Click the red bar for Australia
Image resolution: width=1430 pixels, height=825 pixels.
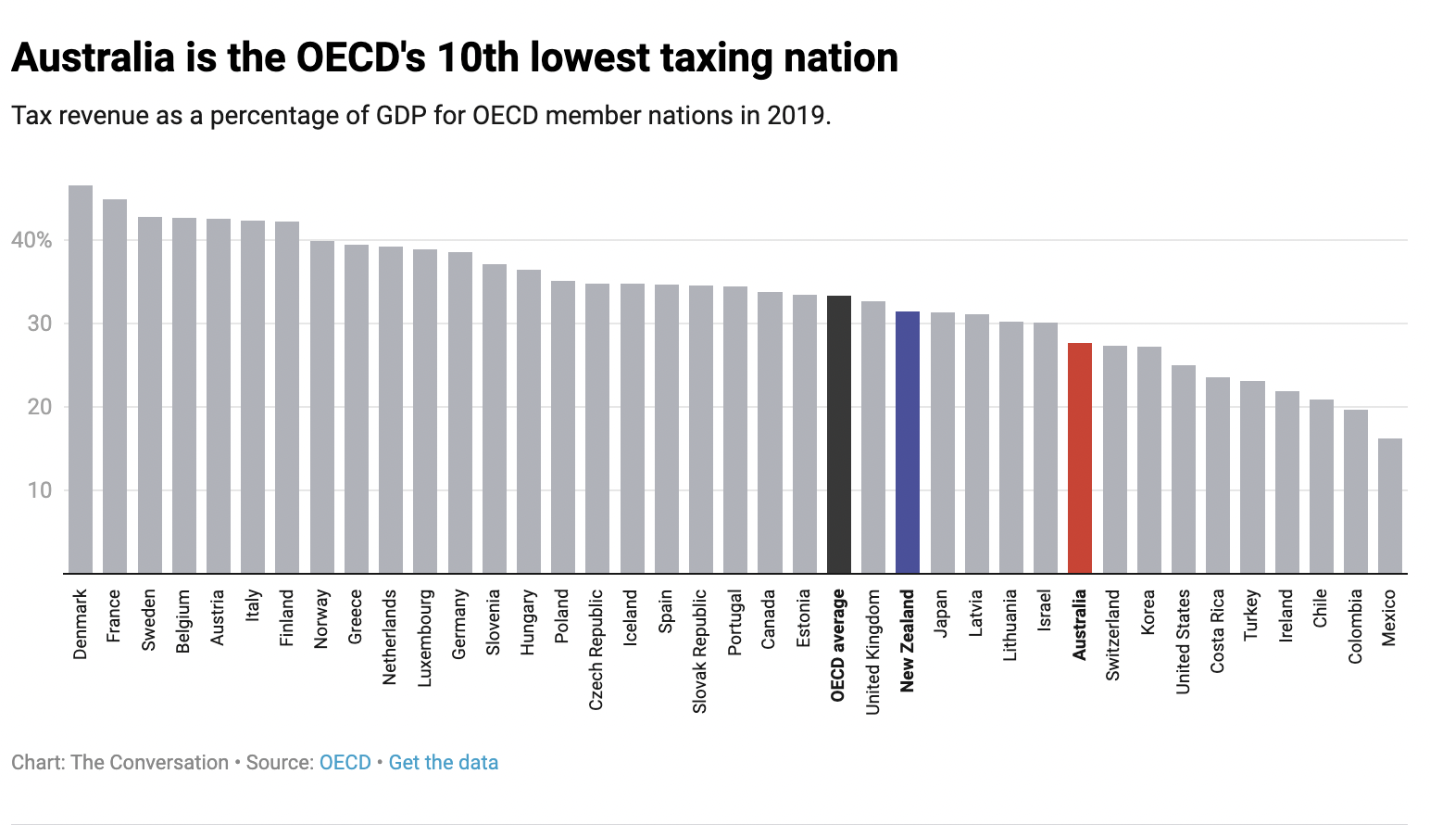pos(1080,458)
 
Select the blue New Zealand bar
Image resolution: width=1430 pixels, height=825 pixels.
pos(908,442)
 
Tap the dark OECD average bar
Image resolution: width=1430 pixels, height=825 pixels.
pos(839,434)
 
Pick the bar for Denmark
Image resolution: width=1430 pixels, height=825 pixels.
pos(81,379)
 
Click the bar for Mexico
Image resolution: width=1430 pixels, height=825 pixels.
pos(1390,506)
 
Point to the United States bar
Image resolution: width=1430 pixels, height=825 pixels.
pos(1184,469)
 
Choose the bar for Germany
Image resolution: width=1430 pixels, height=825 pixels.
pos(460,412)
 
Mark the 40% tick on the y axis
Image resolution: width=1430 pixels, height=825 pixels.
pos(31,240)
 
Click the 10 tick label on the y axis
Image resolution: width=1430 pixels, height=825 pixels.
pos(39,490)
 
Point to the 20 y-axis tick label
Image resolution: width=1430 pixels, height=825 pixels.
pos(39,407)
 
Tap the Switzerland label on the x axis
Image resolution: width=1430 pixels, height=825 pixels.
pos(1113,635)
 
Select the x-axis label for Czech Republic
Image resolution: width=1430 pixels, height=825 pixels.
pos(596,650)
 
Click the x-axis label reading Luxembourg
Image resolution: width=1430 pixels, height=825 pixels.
pos(425,638)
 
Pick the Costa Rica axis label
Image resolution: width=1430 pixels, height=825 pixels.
pos(1218,631)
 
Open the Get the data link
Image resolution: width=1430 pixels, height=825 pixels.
pos(443,763)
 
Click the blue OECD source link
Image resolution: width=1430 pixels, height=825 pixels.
pos(345,763)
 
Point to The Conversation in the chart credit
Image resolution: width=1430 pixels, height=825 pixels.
pos(149,763)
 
